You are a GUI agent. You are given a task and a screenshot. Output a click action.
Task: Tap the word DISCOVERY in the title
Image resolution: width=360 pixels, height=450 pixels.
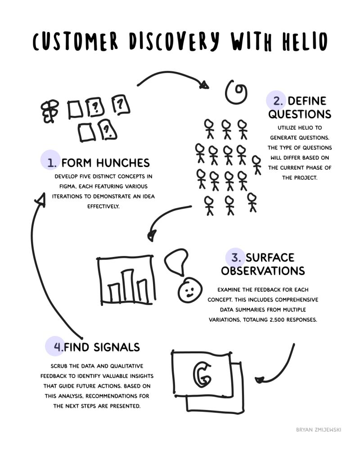point(174,41)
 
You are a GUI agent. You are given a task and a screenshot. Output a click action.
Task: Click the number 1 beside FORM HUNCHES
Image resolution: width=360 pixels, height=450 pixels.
point(52,163)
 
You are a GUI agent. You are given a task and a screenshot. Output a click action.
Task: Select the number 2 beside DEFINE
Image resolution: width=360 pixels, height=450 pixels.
point(278,101)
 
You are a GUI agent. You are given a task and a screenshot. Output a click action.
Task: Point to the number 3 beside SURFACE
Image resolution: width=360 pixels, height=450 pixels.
point(236,258)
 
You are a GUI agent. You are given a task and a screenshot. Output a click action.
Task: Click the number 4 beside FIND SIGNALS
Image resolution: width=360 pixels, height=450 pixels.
point(58,347)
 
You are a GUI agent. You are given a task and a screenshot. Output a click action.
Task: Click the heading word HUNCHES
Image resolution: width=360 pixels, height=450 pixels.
point(123,163)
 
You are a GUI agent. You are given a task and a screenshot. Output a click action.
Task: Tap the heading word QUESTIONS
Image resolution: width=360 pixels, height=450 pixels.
point(300,114)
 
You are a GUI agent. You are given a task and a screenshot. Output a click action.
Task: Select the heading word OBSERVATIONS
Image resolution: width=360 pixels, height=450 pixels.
point(263,271)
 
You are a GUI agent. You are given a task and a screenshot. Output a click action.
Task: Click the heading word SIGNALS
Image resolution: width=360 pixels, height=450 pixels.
point(117,347)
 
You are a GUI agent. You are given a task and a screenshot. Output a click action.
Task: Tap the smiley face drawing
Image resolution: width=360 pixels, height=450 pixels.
point(190,289)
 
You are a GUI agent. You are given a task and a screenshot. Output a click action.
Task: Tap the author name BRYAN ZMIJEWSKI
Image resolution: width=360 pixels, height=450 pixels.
point(319,430)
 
